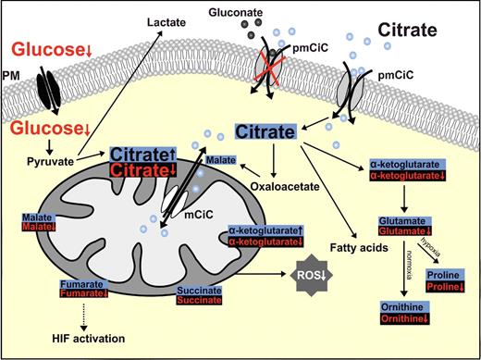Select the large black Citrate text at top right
click(419, 43)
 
